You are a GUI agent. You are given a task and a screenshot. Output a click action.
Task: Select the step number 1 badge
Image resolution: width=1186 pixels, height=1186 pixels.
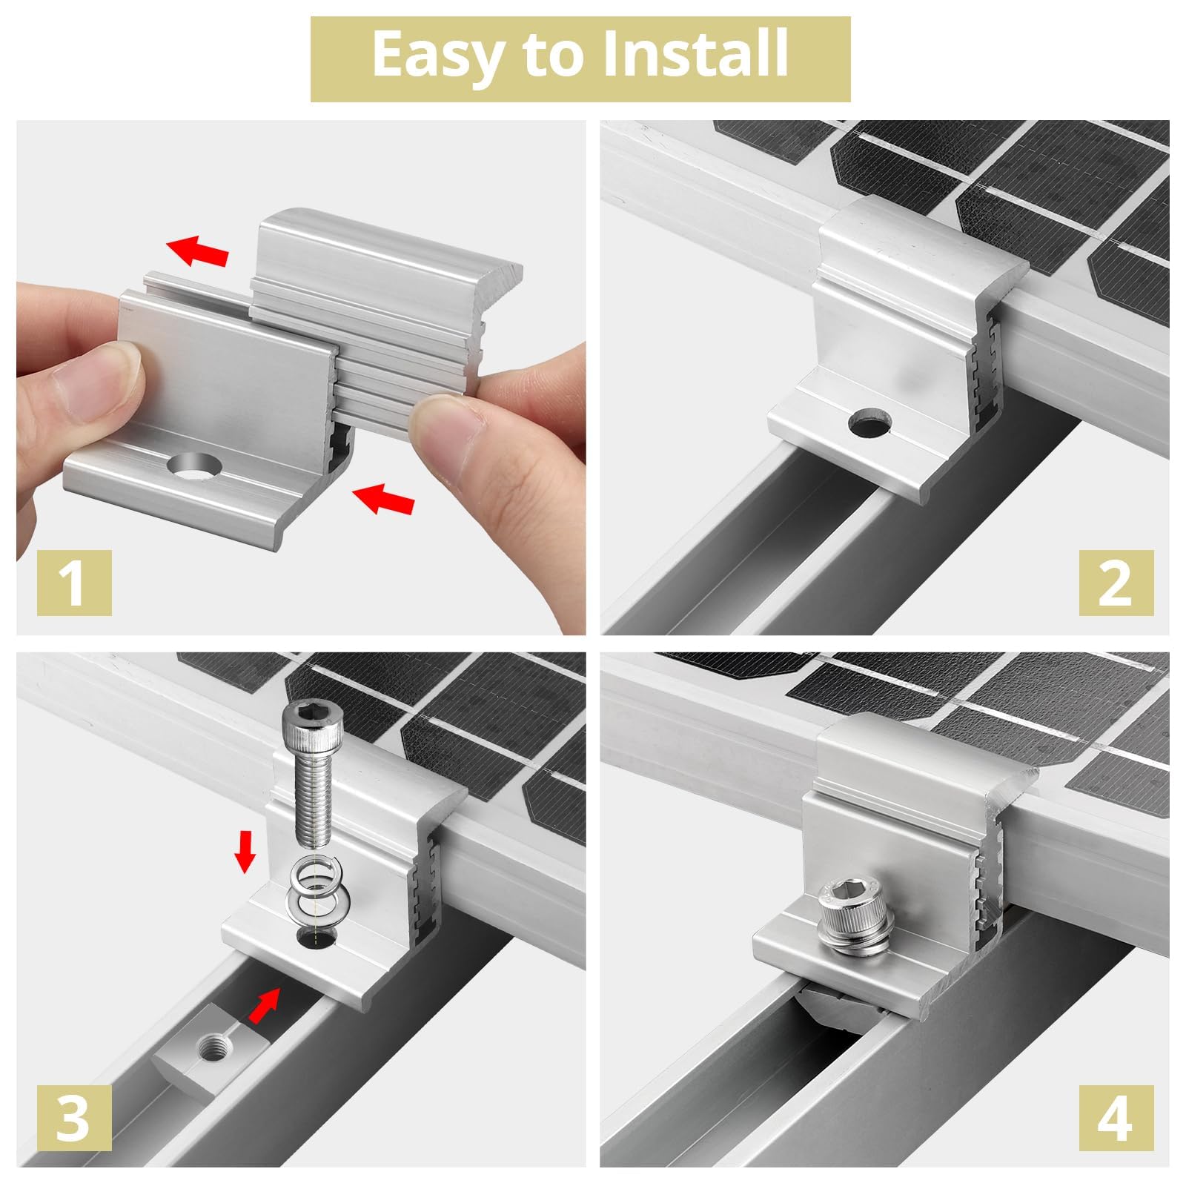(x=74, y=583)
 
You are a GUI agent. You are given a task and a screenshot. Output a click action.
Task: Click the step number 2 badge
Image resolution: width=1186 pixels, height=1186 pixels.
(x=1116, y=583)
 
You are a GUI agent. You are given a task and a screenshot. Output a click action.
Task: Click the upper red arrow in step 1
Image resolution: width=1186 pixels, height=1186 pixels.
(x=197, y=251)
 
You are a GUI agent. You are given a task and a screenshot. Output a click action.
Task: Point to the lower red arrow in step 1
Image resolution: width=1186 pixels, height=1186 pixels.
(x=383, y=498)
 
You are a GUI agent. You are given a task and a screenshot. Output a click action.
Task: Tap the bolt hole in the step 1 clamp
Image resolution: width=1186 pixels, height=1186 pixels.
(x=193, y=468)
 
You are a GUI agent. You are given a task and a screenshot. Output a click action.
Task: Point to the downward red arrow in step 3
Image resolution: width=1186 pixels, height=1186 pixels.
(x=245, y=859)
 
